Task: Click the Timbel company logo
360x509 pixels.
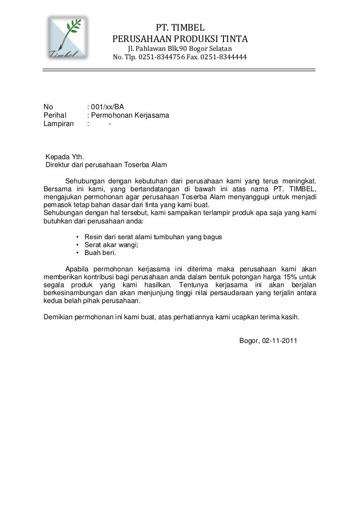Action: [x=68, y=38]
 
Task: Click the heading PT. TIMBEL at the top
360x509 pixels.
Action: [x=180, y=27]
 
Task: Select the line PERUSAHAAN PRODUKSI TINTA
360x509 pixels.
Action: [x=180, y=39]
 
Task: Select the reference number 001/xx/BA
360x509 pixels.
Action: [x=107, y=106]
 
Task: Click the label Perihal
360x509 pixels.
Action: [x=55, y=115]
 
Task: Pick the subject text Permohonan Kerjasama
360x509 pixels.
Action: [x=130, y=115]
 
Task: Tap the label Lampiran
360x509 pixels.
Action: [x=58, y=124]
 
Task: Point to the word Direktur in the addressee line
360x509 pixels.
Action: [x=58, y=166]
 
